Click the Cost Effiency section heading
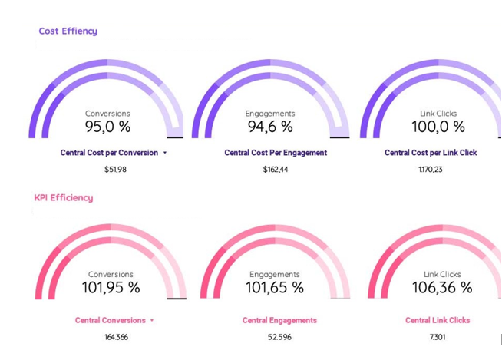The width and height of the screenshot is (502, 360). click(x=68, y=31)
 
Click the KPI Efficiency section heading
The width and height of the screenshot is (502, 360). click(x=64, y=198)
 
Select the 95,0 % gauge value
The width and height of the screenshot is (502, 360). click(x=107, y=127)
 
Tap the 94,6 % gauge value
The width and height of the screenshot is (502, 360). click(x=270, y=127)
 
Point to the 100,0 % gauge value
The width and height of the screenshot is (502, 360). click(x=438, y=127)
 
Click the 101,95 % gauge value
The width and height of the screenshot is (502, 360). click(x=111, y=289)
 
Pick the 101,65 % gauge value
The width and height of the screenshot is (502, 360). click(x=275, y=289)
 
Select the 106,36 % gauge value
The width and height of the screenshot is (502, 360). click(x=443, y=289)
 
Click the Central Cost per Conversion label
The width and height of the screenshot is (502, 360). click(x=109, y=153)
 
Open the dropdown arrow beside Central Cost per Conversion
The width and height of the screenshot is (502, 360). click(x=165, y=153)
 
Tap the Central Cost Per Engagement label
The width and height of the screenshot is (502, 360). click(x=276, y=153)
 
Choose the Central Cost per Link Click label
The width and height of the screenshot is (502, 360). click(x=441, y=153)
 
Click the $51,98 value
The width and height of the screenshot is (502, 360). click(x=115, y=170)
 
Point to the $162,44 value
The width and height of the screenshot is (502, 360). click(x=276, y=170)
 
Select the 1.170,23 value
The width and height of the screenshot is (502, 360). click(x=431, y=170)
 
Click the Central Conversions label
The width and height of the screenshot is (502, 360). click(x=111, y=321)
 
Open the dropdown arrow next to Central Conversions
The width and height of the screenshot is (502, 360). click(x=152, y=321)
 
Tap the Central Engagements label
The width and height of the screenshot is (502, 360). click(x=279, y=321)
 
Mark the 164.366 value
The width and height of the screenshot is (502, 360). click(x=117, y=338)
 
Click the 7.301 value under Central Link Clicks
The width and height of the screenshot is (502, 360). click(x=438, y=338)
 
